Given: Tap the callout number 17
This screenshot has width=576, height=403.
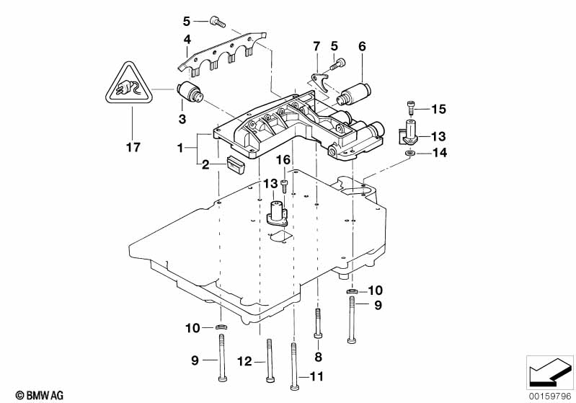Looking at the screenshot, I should click(132, 148).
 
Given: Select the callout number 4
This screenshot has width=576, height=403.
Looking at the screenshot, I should click(186, 40).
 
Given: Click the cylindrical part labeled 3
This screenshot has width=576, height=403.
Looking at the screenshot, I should click(192, 93).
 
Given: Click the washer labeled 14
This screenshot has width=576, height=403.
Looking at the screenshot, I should click(409, 152).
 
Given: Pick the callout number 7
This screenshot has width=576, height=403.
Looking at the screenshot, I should click(315, 47).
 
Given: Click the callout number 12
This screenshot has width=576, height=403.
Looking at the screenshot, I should click(245, 361).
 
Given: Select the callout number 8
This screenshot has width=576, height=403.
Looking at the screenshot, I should click(318, 356).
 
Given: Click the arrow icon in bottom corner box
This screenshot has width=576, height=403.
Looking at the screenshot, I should click(550, 373).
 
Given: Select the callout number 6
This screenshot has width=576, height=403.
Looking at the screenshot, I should click(362, 46).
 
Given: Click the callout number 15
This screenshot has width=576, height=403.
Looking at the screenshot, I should click(439, 110).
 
